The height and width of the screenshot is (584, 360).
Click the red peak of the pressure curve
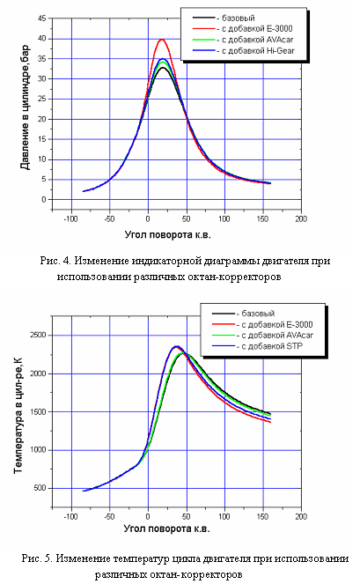(x=162, y=39)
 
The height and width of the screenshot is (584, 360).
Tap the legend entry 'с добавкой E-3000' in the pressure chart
(x=257, y=29)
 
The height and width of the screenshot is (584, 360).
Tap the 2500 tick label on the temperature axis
(x=38, y=335)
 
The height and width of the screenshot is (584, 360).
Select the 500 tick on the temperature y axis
(x=40, y=488)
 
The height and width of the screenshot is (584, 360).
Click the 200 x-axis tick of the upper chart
(x=301, y=218)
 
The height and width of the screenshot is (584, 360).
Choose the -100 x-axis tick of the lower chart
(x=70, y=516)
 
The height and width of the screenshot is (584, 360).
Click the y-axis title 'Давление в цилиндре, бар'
(x=25, y=107)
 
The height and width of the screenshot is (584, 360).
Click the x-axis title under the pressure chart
(x=167, y=234)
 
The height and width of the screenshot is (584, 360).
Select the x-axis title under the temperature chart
(x=166, y=529)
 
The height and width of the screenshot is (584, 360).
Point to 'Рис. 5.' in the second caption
(x=37, y=558)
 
